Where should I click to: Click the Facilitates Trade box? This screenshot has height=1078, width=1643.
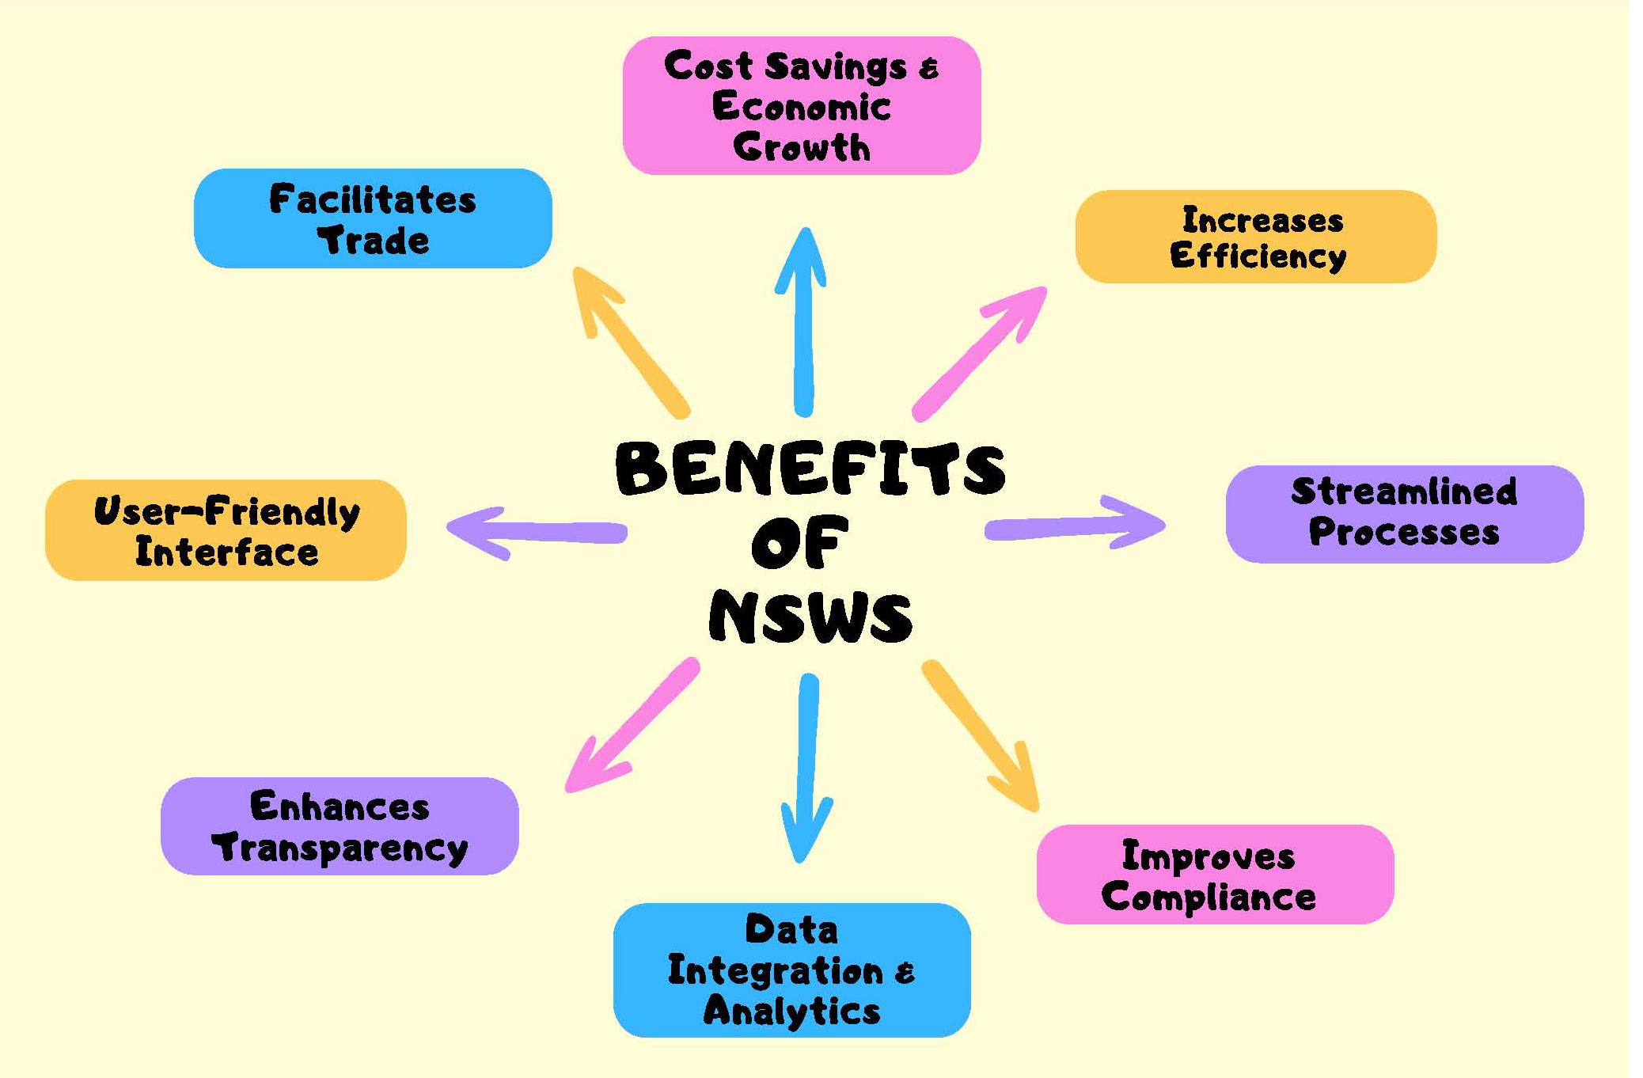(x=373, y=218)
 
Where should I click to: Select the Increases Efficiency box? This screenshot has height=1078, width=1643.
(x=1256, y=237)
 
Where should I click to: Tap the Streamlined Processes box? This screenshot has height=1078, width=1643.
(x=1404, y=514)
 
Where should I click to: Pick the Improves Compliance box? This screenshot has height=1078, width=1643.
(x=1215, y=874)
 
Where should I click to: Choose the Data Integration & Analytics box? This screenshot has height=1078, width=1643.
(x=791, y=970)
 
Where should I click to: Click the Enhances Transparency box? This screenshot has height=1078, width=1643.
(x=340, y=826)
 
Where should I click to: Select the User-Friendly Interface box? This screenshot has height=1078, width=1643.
(x=226, y=530)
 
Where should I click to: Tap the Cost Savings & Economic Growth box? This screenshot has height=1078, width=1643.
(x=802, y=105)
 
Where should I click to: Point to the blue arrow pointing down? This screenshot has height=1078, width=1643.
(x=806, y=768)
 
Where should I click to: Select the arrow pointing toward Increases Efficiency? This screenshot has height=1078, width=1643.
(x=979, y=353)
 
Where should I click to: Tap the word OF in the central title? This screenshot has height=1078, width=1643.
(x=799, y=543)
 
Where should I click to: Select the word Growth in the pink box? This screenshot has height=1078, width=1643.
(x=802, y=147)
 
